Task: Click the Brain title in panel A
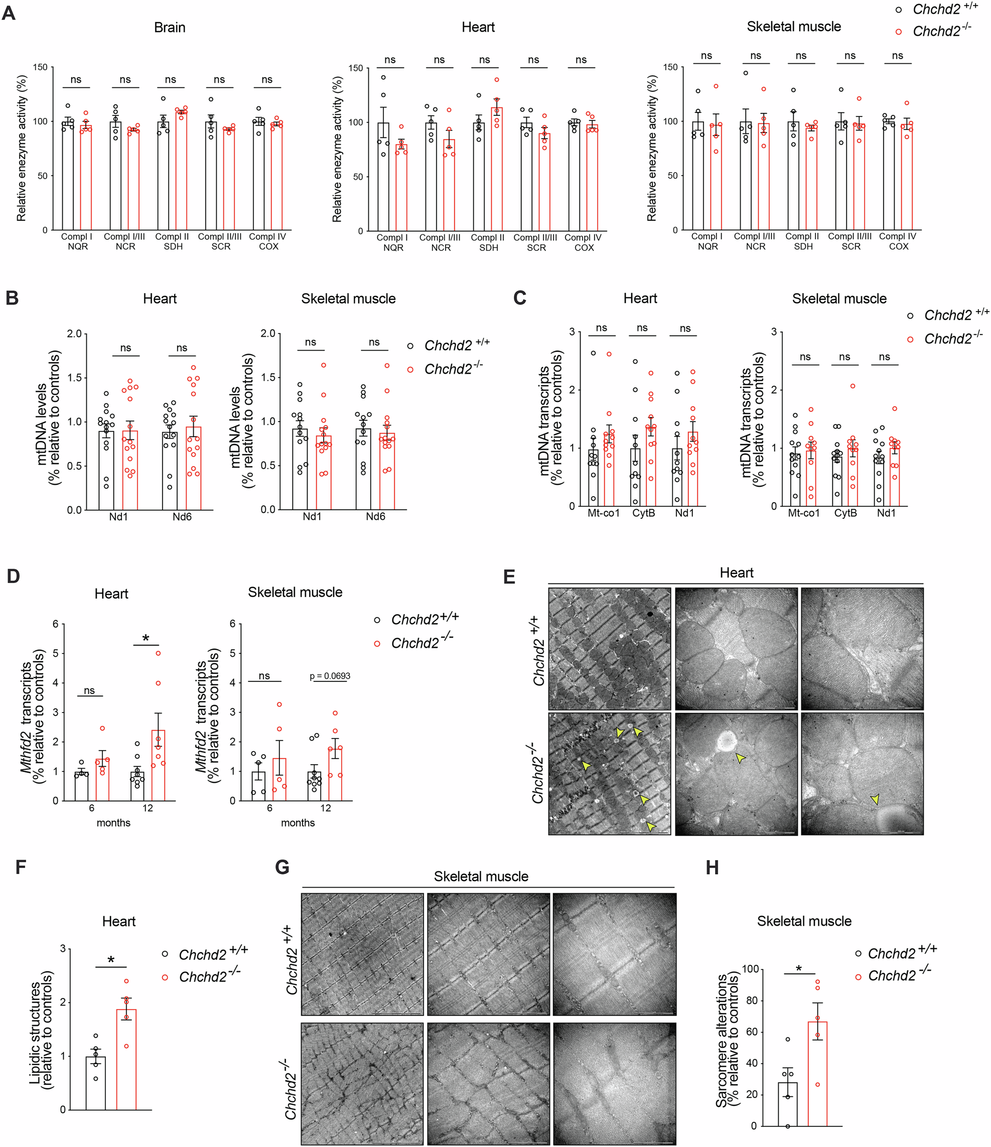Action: click(170, 28)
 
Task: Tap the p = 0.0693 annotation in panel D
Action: click(330, 676)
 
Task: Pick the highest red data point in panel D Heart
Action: click(159, 653)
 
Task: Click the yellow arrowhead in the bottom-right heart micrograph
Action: click(875, 799)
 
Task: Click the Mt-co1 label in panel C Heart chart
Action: click(604, 513)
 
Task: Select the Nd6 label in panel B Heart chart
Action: click(182, 516)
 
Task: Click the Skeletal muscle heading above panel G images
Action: click(481, 876)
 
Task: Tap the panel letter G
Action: click(282, 867)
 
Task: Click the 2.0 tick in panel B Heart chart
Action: click(74, 334)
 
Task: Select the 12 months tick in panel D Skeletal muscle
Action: click(326, 808)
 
